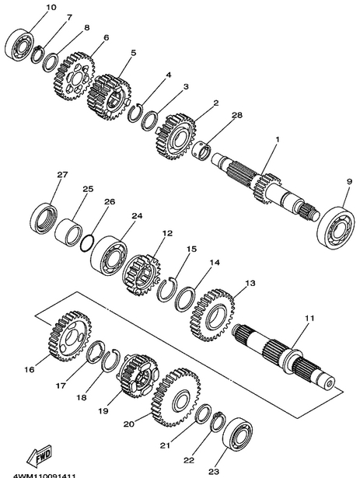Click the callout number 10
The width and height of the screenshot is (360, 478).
tap(51, 7)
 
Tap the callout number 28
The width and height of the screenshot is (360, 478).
tap(236, 115)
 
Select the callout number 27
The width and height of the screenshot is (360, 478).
tap(62, 175)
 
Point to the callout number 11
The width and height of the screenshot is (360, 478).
tap(309, 318)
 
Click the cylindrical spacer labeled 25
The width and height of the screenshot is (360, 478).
tap(68, 232)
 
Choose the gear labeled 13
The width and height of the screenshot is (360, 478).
tap(212, 316)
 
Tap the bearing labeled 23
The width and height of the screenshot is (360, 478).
tap(237, 434)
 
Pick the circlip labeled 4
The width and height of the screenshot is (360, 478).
tap(135, 113)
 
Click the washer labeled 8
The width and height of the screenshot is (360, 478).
tap(51, 63)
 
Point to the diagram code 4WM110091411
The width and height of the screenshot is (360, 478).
tap(44, 475)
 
